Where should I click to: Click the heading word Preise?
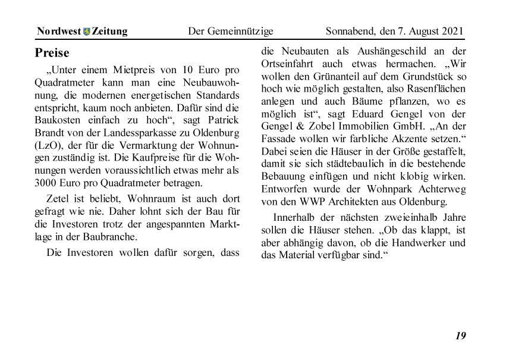(x=52, y=53)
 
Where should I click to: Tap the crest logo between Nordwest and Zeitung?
(x=87, y=32)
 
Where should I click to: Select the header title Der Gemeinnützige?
(x=231, y=32)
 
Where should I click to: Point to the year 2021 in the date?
(x=453, y=32)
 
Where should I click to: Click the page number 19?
(x=461, y=336)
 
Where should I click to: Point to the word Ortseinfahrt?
(x=290, y=64)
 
